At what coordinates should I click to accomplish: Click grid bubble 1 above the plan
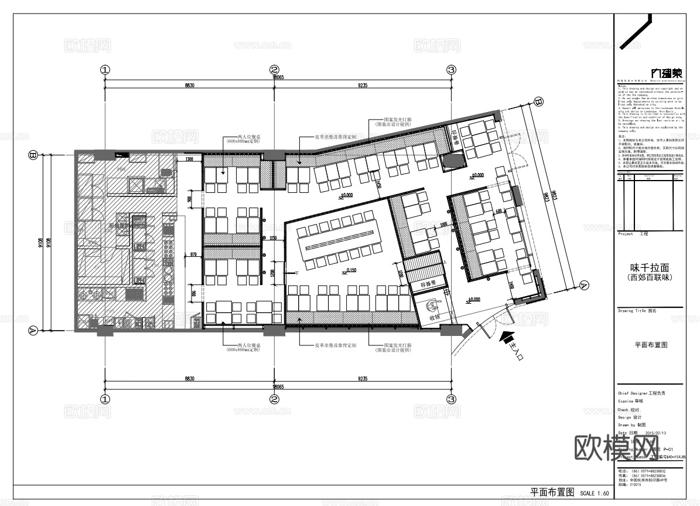105,69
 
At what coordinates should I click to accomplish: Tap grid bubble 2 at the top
274,69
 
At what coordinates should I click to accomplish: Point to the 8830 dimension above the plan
189,86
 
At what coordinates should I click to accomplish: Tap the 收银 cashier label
434,317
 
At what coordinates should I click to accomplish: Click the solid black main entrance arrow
506,338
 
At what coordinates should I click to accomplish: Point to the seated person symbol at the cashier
433,305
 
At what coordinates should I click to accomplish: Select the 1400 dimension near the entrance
511,286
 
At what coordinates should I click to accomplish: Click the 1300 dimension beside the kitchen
189,159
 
